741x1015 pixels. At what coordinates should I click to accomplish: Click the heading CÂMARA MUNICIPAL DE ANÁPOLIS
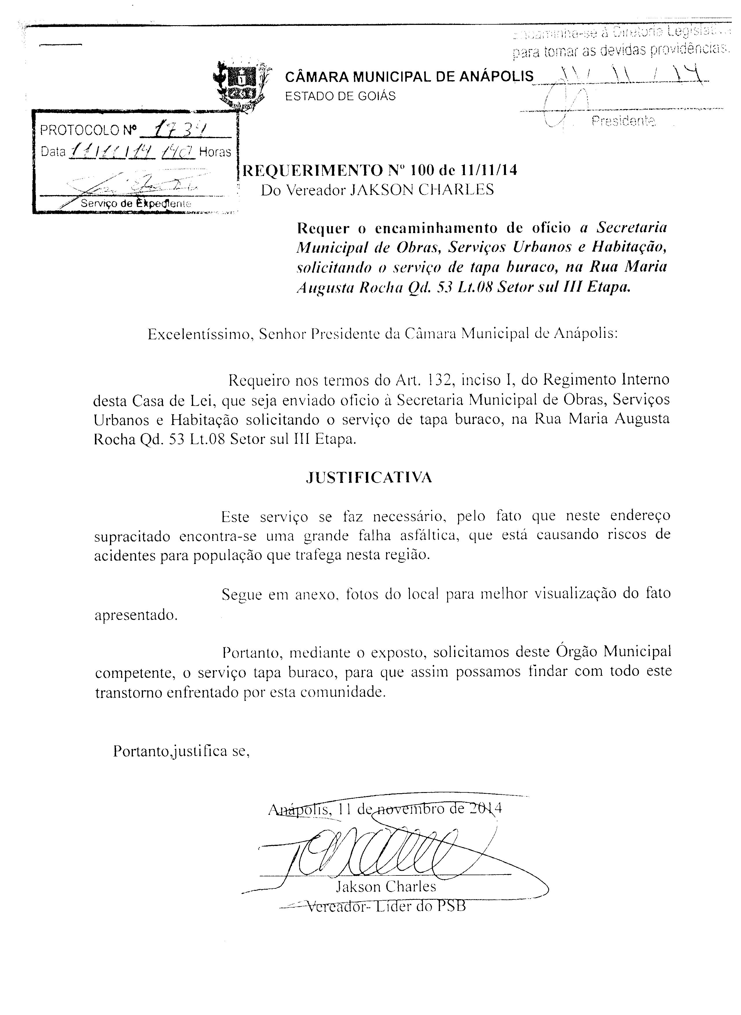tap(409, 77)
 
